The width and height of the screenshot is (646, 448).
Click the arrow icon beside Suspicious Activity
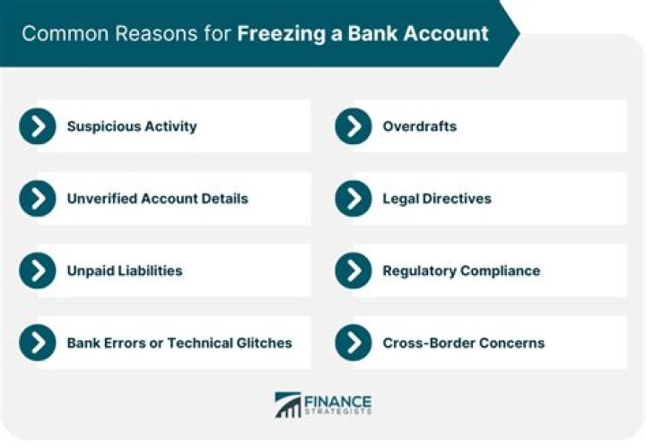coord(37,126)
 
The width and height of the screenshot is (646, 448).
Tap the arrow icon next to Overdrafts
coord(354,126)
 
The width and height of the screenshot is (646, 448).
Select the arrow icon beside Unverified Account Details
coord(37,198)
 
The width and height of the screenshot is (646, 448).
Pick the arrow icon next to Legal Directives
coord(354,198)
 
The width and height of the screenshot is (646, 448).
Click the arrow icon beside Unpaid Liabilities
coord(37,270)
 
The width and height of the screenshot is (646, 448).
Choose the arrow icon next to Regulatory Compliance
coord(354,270)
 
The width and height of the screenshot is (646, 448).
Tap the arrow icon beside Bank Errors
coord(37,342)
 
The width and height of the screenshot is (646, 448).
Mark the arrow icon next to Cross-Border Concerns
coord(354,342)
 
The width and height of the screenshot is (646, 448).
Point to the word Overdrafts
coord(419,126)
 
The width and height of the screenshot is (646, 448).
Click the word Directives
coord(457,198)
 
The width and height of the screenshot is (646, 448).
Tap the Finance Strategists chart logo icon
coord(288,404)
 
